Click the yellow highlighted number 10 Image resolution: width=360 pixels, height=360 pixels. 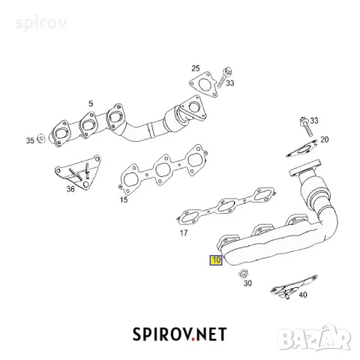point(216,260)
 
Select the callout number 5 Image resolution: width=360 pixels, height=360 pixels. point(91,103)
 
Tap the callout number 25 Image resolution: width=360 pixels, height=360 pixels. point(196,68)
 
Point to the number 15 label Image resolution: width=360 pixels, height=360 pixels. point(124,199)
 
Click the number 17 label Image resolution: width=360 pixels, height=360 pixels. point(184,233)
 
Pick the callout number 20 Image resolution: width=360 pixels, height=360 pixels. point(324,139)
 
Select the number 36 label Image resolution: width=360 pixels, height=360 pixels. point(70,189)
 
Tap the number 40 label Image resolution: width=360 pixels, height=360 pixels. point(303,295)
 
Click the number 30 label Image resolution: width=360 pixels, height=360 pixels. point(247,283)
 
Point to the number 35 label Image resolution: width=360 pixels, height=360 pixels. point(30,140)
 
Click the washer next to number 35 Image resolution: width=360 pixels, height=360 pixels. point(41,139)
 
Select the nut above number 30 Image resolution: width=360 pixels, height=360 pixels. point(243,274)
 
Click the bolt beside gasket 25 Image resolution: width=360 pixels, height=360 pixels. point(223,77)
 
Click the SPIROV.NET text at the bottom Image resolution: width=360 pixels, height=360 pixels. point(180,334)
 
